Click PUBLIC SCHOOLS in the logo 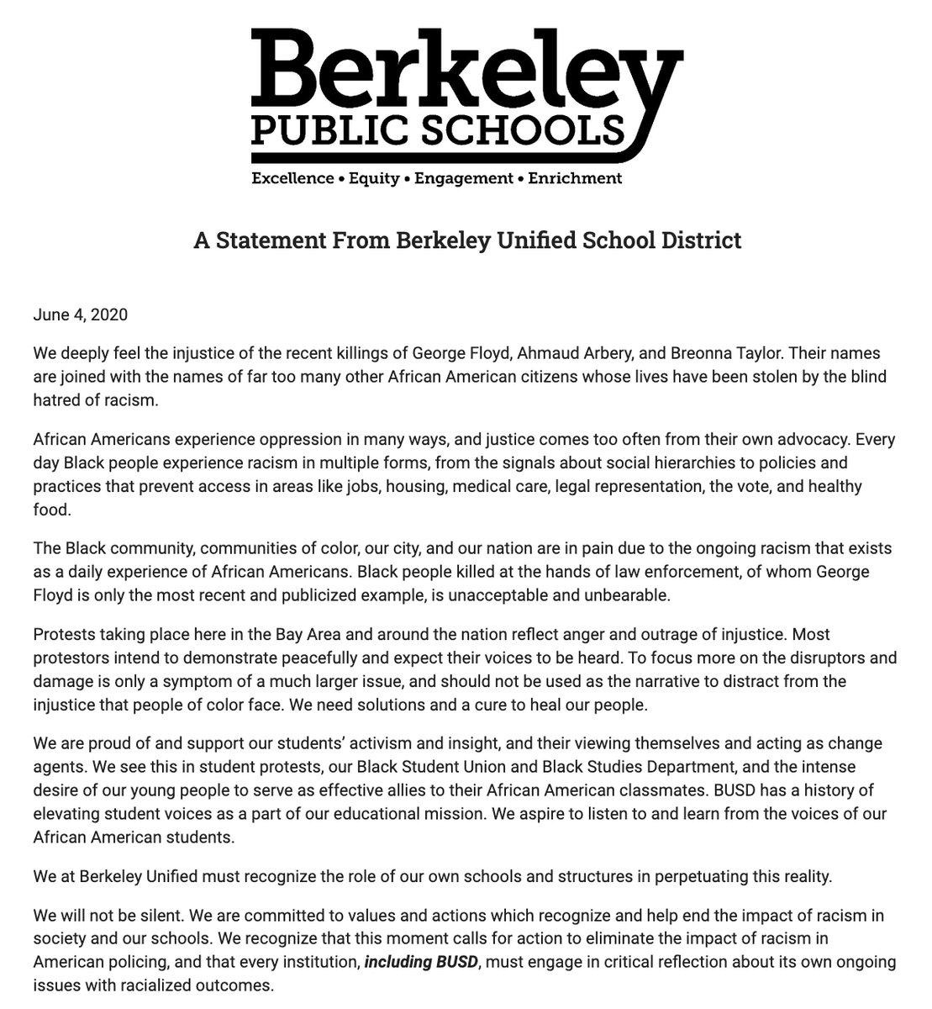pyautogui.click(x=438, y=130)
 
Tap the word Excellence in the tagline pyautogui.click(x=292, y=178)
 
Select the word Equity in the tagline pyautogui.click(x=374, y=178)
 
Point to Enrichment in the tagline pyautogui.click(x=575, y=178)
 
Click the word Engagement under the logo pyautogui.click(x=463, y=178)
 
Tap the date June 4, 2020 pyautogui.click(x=81, y=315)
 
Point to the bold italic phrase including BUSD pyautogui.click(x=421, y=961)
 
